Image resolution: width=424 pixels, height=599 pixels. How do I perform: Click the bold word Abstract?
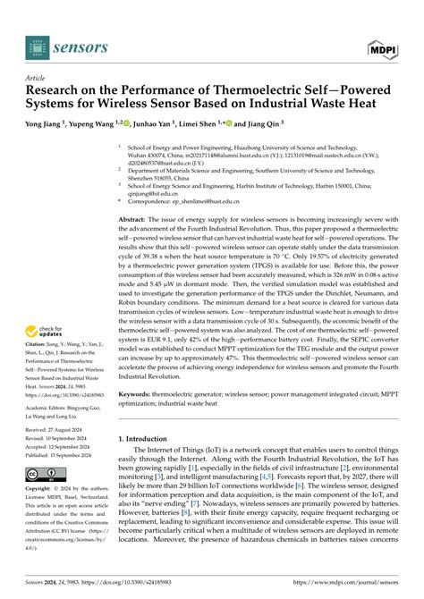[x=135, y=219]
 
